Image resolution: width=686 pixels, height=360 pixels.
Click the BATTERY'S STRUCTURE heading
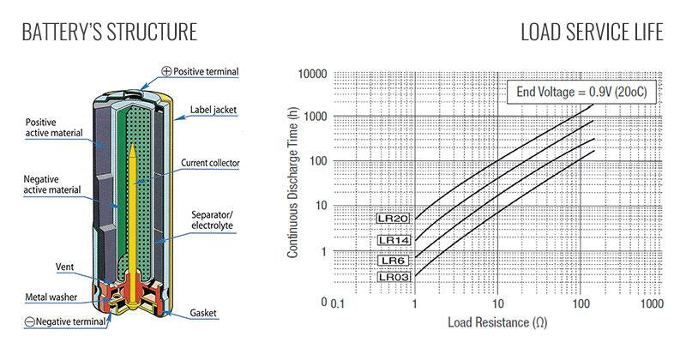(x=109, y=33)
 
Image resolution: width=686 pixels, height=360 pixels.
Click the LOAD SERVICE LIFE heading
(x=592, y=33)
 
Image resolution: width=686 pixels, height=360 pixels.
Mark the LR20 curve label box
(x=394, y=219)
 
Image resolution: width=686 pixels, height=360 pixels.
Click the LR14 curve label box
(x=394, y=240)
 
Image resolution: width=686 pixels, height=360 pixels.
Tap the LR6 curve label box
(x=394, y=260)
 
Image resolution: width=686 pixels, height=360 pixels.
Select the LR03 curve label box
(x=394, y=277)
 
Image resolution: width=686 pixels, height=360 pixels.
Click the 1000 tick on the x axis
(x=652, y=305)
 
